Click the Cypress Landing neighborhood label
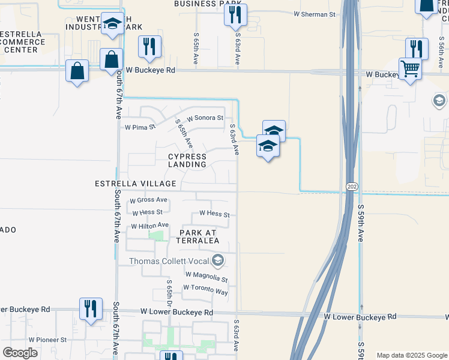187,160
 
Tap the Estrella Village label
136,184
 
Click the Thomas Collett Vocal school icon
217,260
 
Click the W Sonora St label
205,119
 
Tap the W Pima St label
139,127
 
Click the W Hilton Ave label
149,226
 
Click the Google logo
20,353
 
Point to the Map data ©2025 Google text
411,355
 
